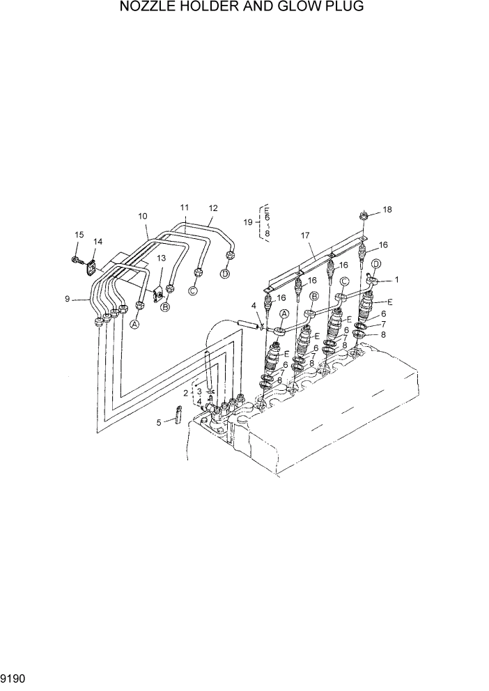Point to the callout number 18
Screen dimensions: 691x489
click(x=388, y=209)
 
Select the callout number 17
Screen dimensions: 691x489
click(x=304, y=235)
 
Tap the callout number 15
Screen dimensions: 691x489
click(x=79, y=235)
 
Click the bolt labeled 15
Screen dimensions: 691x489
click(x=75, y=260)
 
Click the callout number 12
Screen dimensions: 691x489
click(x=213, y=208)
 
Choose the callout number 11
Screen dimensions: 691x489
click(x=185, y=207)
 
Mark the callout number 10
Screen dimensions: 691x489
click(x=143, y=215)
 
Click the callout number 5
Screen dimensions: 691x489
click(x=158, y=421)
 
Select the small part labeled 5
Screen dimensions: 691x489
click(x=176, y=417)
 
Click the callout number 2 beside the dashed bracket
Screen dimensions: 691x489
click(x=185, y=393)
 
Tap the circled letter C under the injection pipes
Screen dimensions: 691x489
click(x=193, y=291)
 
